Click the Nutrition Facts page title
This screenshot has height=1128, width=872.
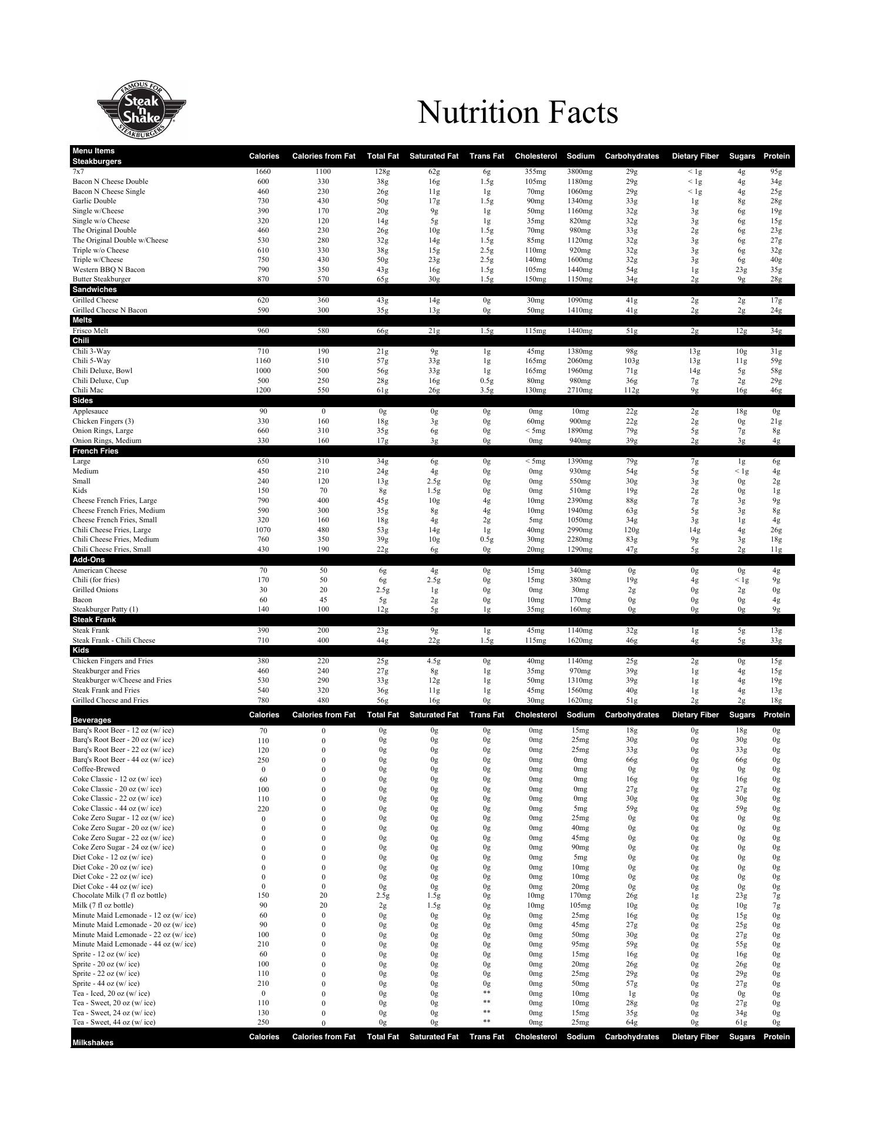(x=518, y=112)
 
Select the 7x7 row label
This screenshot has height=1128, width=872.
(x=78, y=172)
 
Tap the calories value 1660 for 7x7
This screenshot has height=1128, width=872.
(x=263, y=172)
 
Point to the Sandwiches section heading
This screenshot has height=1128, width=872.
(x=95, y=290)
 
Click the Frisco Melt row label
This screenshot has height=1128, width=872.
(x=90, y=331)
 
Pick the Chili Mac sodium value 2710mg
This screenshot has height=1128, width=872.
(x=580, y=390)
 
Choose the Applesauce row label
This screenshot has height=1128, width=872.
(x=90, y=411)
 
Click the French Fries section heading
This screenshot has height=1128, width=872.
(x=95, y=451)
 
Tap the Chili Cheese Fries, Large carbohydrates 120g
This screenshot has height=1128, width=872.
(x=632, y=530)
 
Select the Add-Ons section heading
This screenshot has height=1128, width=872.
(x=88, y=560)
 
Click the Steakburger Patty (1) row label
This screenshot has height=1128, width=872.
(x=105, y=609)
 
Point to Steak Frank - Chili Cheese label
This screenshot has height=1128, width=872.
(x=114, y=640)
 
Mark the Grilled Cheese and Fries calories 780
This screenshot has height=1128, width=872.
(x=263, y=700)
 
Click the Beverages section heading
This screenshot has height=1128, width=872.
(x=92, y=720)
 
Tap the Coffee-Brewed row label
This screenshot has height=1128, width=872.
(x=96, y=769)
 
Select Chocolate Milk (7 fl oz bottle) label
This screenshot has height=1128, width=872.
(x=119, y=895)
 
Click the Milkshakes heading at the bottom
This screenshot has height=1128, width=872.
(x=93, y=1043)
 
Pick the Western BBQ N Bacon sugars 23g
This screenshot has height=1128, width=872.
(x=742, y=270)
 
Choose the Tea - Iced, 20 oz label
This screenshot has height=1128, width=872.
(x=111, y=993)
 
